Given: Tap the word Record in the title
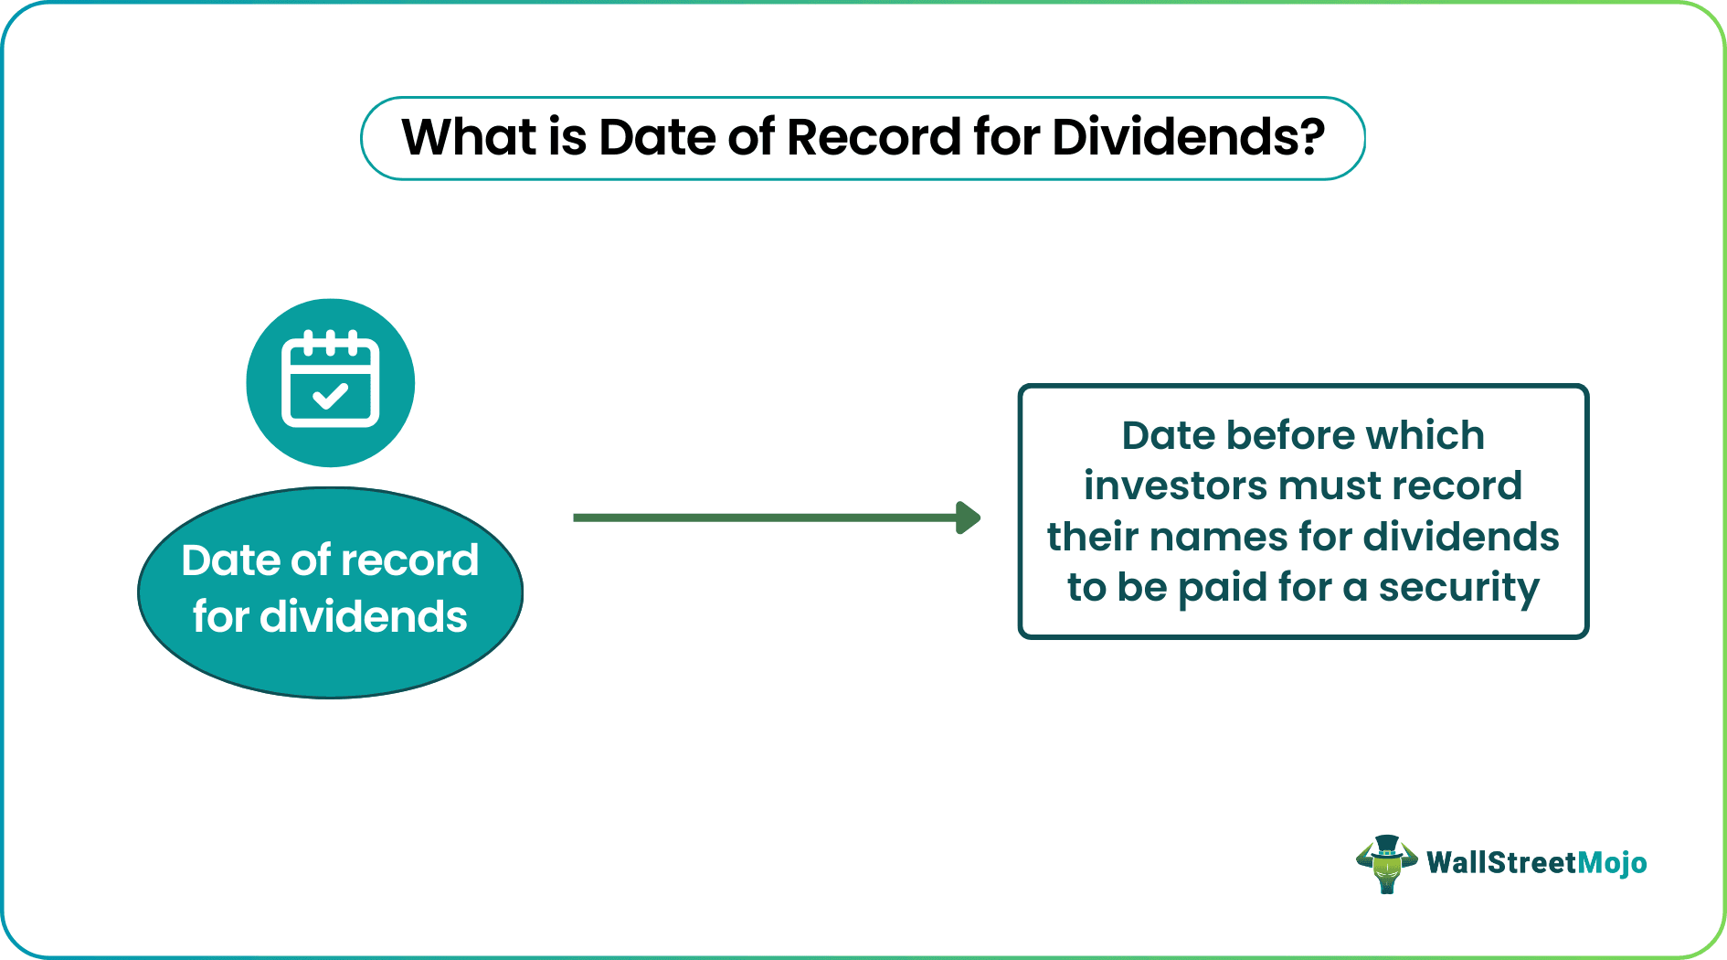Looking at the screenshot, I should [x=873, y=137].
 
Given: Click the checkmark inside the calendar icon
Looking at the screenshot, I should [x=330, y=397].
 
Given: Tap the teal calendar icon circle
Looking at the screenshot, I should [x=330, y=382].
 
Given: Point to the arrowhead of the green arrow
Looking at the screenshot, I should [x=969, y=517].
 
